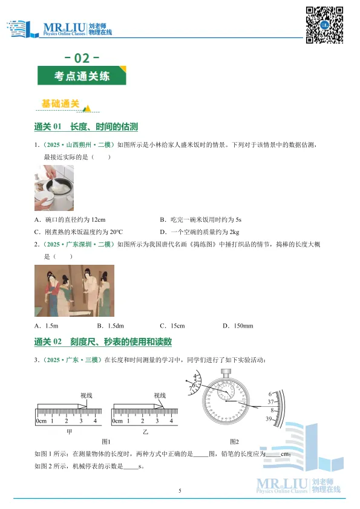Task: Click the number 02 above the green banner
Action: point(81,59)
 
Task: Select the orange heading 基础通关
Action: point(61,104)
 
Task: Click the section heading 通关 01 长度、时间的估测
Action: point(87,127)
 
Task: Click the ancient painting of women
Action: point(73,292)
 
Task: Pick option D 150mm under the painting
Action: point(238,326)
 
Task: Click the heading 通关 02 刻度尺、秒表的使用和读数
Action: point(103,342)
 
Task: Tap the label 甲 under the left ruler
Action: point(69,432)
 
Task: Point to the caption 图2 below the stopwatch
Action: point(234,441)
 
